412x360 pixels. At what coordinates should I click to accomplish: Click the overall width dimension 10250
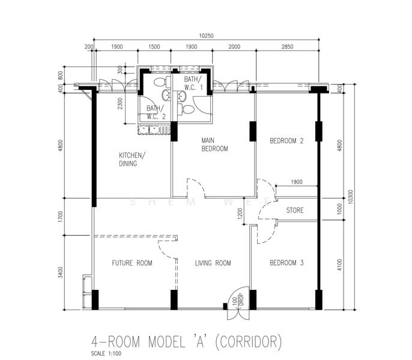click(x=205, y=36)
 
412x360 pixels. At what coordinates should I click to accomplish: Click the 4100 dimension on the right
click(x=339, y=265)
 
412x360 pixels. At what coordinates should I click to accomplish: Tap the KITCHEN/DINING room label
click(x=132, y=159)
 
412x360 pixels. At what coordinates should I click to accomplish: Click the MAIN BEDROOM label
click(x=214, y=145)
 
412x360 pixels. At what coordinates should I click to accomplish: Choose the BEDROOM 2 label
click(x=286, y=141)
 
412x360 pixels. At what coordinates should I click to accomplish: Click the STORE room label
click(x=294, y=211)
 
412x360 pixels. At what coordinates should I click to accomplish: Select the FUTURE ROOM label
click(x=132, y=263)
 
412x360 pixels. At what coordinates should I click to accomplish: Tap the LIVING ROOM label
click(x=213, y=263)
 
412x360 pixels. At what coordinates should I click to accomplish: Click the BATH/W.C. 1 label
click(x=194, y=83)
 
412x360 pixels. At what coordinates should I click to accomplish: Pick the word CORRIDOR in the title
click(x=247, y=342)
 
